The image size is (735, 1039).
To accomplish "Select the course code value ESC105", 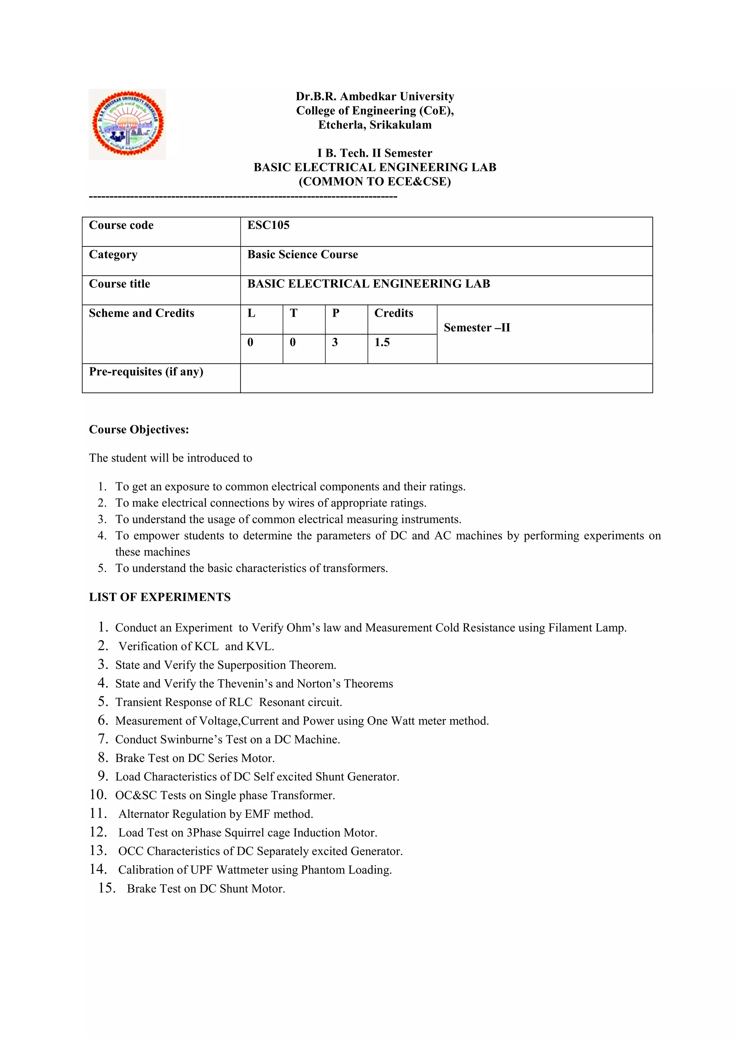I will pos(268,225).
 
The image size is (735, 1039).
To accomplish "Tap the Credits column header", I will pos(393,313).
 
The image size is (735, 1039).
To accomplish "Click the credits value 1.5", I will pos(382,343).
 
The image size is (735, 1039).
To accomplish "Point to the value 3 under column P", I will pos(335,343).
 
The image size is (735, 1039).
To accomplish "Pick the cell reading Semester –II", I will pos(477,328).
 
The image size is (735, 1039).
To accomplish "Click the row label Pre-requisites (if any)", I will pos(146,372).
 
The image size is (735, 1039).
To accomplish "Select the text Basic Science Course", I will pos(302,255).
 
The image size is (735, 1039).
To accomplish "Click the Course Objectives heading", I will pos(139,429).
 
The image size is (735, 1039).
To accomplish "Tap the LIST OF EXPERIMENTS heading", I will pos(160,597).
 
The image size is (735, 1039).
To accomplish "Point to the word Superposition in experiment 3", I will pos(252,665).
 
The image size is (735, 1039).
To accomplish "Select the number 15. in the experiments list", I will pos(107,888).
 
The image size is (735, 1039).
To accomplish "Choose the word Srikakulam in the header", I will pos(400,125).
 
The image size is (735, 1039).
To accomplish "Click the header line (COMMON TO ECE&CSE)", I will pos(375,182).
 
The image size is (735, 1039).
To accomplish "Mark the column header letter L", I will pos(252,313).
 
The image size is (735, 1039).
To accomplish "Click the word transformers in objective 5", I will pos(355,568).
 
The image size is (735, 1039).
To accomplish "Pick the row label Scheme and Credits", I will pos(141,313).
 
